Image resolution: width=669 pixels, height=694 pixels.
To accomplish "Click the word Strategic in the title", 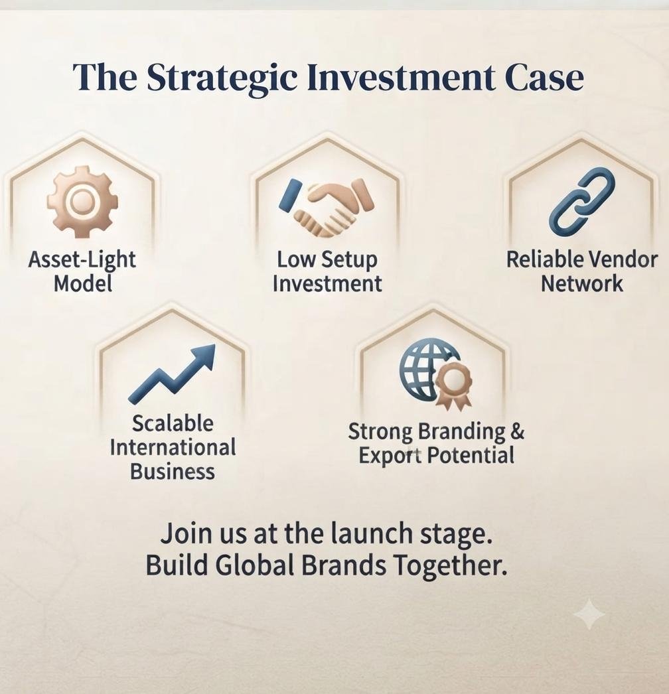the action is pos(222,78).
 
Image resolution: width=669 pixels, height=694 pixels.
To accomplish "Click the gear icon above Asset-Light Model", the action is pos(83,202).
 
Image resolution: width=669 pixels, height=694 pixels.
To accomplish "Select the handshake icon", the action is pos(327,206).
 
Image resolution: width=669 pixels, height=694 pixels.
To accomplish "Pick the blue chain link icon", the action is pos(582,202).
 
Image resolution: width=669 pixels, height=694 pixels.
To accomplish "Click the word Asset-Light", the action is pos(82,260).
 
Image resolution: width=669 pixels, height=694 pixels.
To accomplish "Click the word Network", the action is pos(582,283).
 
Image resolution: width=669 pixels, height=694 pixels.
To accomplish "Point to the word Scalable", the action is pos(173,423).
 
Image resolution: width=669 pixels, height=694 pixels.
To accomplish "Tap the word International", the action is pos(173,447).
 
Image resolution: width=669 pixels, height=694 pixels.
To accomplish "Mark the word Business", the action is pos(173,471).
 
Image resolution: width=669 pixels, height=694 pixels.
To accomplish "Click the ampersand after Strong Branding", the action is pos(517,431).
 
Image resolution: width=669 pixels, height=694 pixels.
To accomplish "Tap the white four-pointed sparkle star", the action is pos(589,614).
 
